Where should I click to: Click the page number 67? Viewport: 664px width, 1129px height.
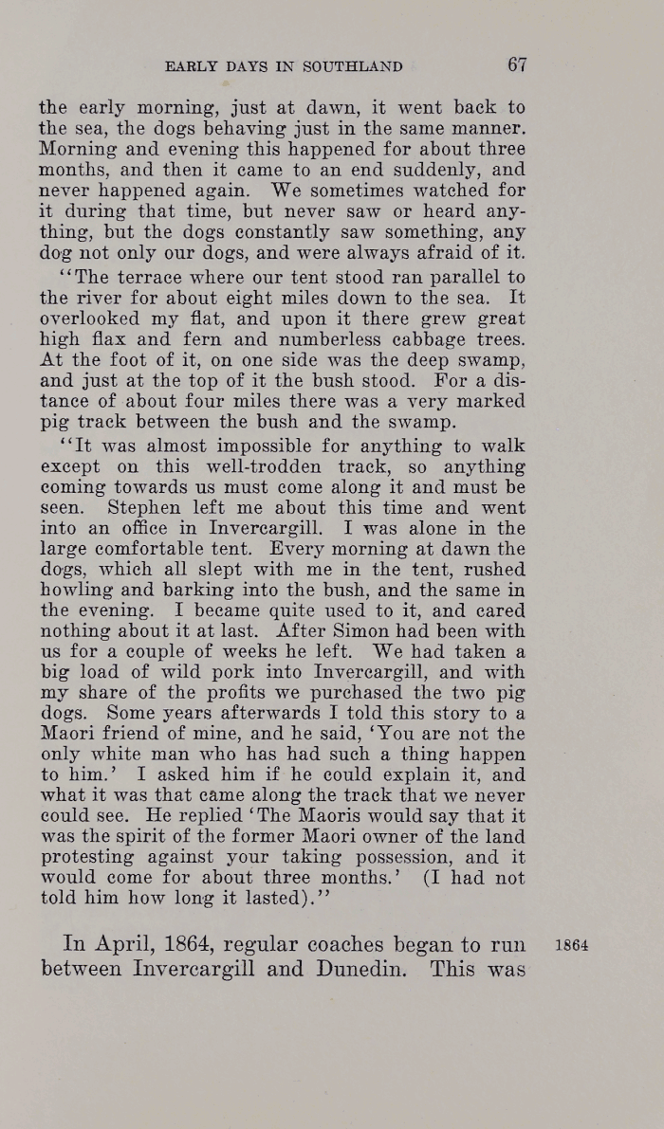click(516, 64)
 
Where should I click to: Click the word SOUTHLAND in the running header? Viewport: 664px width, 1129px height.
click(355, 66)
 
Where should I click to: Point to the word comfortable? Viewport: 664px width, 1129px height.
click(171, 548)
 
